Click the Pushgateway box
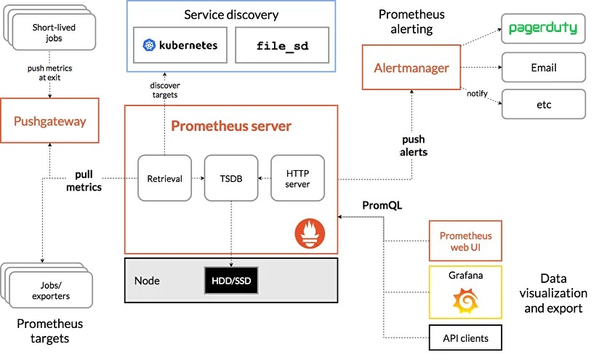(49, 122)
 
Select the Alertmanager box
(411, 68)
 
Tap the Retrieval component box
(164, 178)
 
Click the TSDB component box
(231, 178)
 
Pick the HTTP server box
(297, 178)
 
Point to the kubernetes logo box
(180, 45)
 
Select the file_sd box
(282, 45)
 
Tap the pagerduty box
(543, 29)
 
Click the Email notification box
(543, 68)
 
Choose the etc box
(543, 104)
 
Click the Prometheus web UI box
(465, 241)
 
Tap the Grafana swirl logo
(465, 300)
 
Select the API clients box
(465, 338)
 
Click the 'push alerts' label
(413, 145)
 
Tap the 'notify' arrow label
(478, 93)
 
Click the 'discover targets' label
(164, 89)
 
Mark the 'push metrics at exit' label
(50, 73)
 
